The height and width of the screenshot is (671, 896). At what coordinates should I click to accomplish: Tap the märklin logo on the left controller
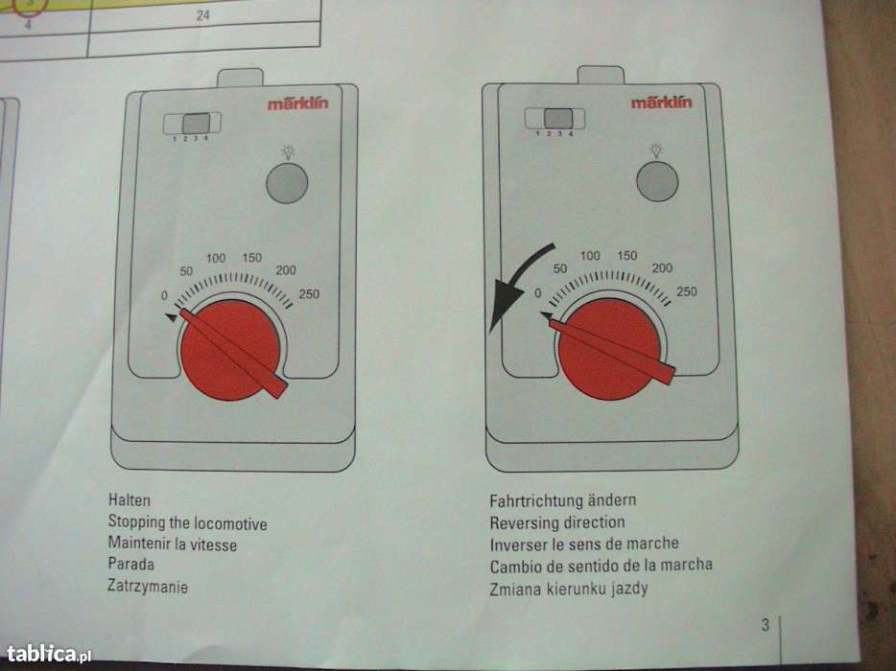pos(297,104)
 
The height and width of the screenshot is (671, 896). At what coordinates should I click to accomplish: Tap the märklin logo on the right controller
pos(661,102)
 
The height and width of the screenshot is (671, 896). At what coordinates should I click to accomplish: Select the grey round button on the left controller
pos(287,183)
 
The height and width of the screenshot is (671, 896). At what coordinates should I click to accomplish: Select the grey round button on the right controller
pos(657,181)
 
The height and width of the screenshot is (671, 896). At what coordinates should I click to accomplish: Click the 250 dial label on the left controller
pos(309,294)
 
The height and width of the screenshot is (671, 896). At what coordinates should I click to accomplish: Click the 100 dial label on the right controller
pos(590,256)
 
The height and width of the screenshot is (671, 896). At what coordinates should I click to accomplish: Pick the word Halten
pos(130,501)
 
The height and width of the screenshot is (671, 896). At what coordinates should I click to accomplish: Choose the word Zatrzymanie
pos(148,587)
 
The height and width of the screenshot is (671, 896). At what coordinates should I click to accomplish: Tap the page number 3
pos(766,626)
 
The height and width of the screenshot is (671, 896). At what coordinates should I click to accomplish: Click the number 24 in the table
pos(202,16)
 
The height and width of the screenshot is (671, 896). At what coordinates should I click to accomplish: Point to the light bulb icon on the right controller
pos(657,150)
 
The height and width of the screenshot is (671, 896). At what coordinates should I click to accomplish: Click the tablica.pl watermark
pos(48,655)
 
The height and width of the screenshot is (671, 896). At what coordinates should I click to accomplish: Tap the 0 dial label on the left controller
pos(164,295)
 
